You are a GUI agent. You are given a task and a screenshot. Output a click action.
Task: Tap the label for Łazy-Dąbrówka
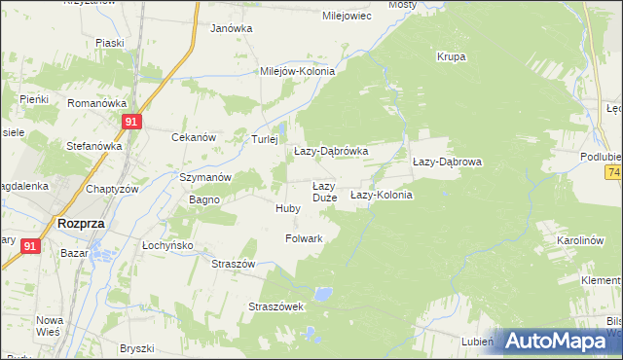tap(331, 152)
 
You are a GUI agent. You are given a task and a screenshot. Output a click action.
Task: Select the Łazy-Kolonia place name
tap(382, 196)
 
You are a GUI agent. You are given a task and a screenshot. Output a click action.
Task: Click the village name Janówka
tap(232, 28)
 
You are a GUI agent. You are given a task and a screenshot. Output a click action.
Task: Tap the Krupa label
tap(452, 56)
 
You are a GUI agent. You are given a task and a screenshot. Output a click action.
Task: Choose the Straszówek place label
tap(277, 306)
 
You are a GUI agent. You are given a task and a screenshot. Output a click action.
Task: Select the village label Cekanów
tap(193, 138)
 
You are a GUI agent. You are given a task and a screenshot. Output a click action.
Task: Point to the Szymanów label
tap(204, 178)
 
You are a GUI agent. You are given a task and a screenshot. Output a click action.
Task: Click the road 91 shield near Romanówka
tap(133, 122)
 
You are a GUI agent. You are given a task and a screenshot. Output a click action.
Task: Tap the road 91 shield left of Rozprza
tap(30, 247)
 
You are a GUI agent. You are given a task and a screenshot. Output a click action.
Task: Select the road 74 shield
tap(613, 172)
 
